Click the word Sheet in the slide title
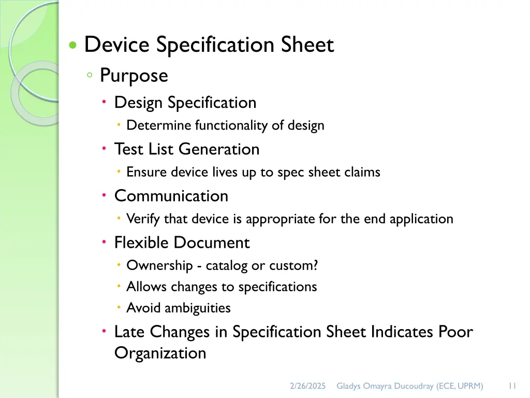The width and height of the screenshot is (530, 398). pyautogui.click(x=307, y=45)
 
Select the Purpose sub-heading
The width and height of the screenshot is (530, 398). pyautogui.click(x=134, y=76)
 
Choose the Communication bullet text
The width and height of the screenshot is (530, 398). pyautogui.click(x=171, y=196)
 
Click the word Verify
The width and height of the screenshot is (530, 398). pyautogui.click(x=143, y=219)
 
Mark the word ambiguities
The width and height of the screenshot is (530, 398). pyautogui.click(x=197, y=308)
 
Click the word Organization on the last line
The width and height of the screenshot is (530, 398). pyautogui.click(x=160, y=353)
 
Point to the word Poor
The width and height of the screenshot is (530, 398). pyautogui.click(x=455, y=332)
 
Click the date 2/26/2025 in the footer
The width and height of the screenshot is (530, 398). pyautogui.click(x=307, y=386)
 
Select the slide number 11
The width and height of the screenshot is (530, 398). pyautogui.click(x=512, y=386)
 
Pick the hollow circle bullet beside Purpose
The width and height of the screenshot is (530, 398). pyautogui.click(x=90, y=76)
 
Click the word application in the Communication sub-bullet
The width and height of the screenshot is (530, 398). pyautogui.click(x=421, y=219)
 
